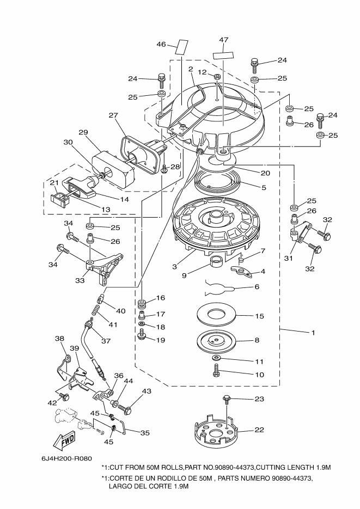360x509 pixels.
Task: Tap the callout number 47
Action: click(223, 40)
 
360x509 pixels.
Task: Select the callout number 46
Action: click(161, 44)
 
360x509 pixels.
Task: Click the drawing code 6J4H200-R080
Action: click(66, 458)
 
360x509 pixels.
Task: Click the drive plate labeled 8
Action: click(217, 341)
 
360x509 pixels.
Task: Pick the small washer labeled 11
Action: click(217, 358)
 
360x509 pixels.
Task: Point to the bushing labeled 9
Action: click(216, 262)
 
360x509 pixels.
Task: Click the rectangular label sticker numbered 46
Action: click(182, 47)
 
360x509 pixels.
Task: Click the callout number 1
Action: click(313, 333)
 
